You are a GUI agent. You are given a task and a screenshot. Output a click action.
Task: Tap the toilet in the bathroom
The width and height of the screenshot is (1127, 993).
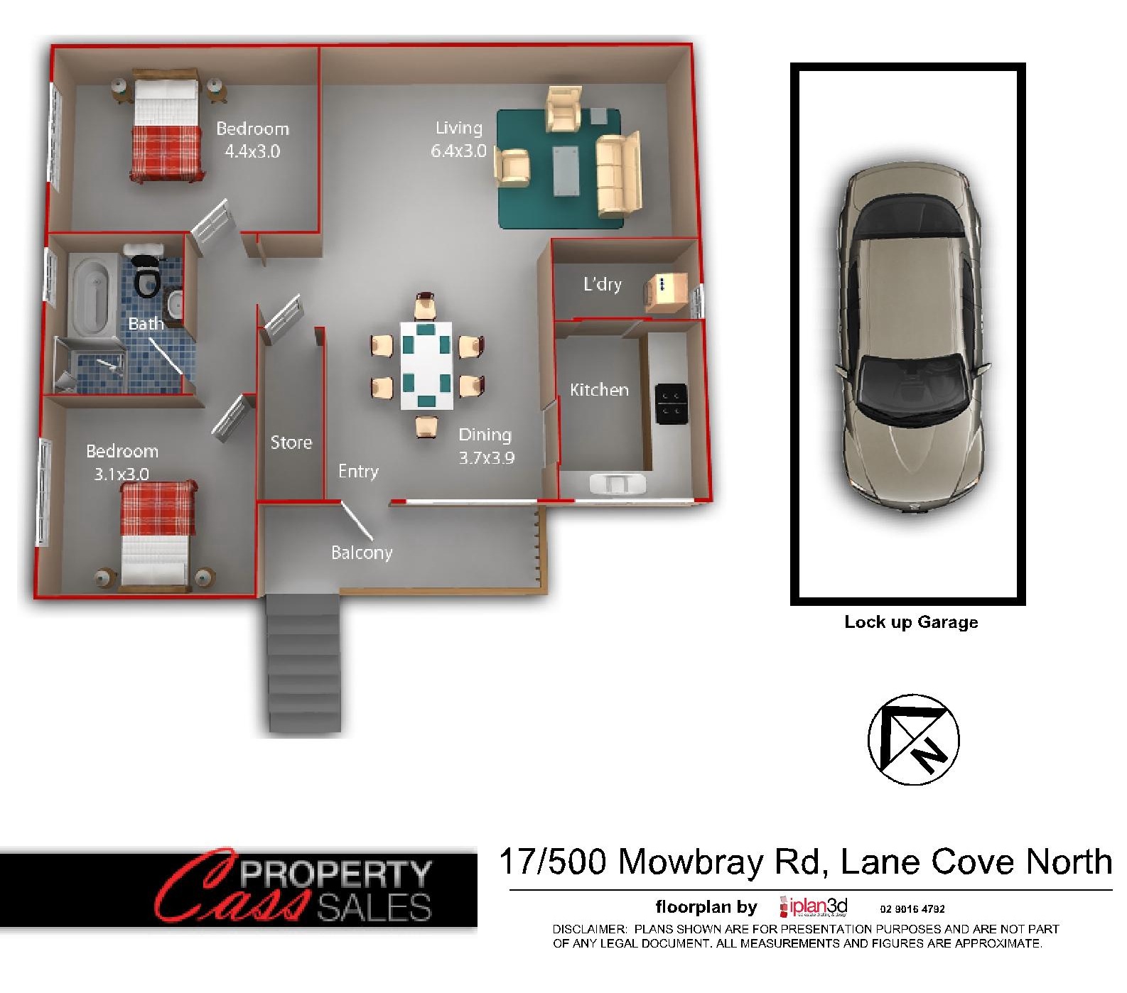pyautogui.click(x=146, y=273)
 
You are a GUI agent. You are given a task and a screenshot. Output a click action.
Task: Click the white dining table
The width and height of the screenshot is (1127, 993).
pyautogui.click(x=426, y=366)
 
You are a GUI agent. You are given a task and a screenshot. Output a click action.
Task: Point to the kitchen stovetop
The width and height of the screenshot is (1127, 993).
pyautogui.click(x=671, y=404)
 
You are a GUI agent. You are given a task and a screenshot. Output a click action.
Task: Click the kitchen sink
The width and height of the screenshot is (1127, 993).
pyautogui.click(x=618, y=484)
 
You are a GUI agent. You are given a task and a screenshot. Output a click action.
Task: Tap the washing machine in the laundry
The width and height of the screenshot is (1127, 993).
pyautogui.click(x=667, y=293)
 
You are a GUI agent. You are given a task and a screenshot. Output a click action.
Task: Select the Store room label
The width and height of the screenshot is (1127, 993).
pyautogui.click(x=291, y=443)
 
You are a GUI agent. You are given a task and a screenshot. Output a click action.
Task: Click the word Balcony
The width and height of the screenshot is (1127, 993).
pyautogui.click(x=362, y=553)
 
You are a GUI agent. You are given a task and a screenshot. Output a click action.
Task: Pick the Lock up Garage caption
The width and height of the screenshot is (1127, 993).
pyautogui.click(x=911, y=622)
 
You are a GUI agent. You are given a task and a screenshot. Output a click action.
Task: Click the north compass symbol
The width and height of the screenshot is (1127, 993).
pyautogui.click(x=913, y=739)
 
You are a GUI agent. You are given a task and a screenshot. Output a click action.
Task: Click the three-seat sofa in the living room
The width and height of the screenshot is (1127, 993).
pyautogui.click(x=619, y=174)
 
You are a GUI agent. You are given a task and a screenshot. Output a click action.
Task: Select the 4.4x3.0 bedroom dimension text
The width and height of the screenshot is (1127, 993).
pyautogui.click(x=252, y=151)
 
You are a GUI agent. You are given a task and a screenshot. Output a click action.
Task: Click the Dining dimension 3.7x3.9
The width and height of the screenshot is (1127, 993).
pyautogui.click(x=486, y=458)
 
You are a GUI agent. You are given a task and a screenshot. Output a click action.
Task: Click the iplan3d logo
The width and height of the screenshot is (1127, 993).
pyautogui.click(x=814, y=907)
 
